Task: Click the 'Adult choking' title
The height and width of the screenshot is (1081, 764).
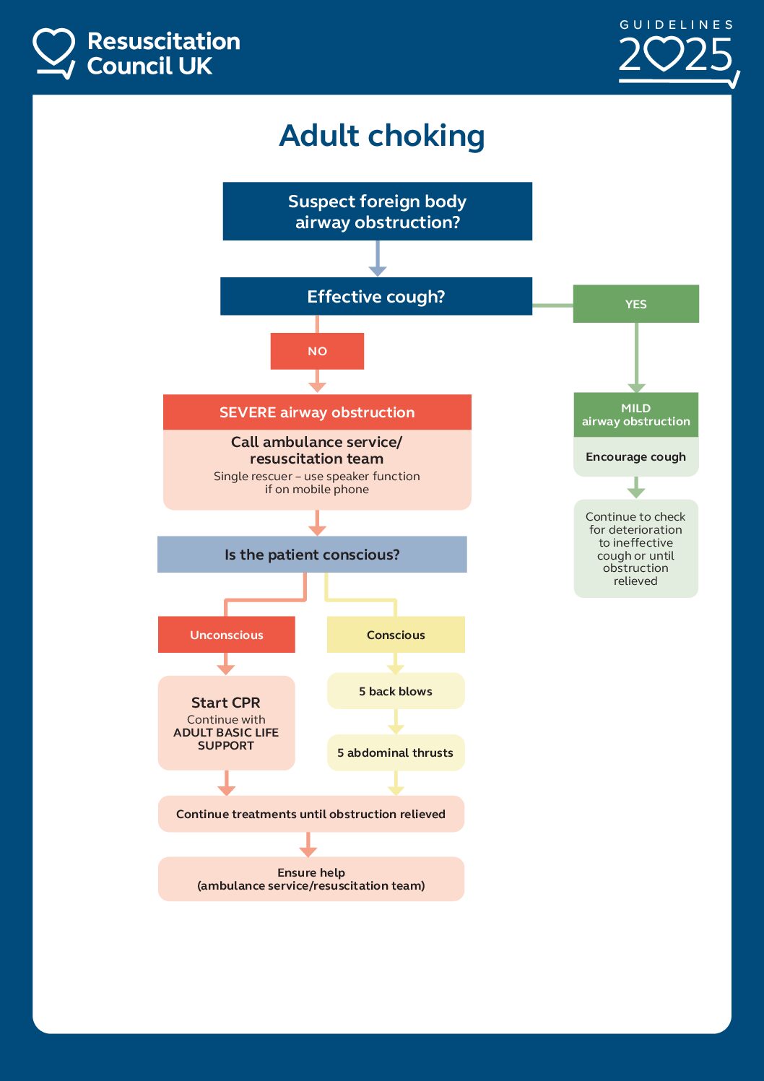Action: (381, 136)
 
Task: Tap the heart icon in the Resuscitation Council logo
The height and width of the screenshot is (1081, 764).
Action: (54, 49)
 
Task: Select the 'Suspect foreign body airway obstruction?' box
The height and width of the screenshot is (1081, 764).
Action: (377, 212)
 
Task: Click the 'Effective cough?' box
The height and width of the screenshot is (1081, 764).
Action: (376, 297)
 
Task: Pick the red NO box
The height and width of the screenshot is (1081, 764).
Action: (317, 351)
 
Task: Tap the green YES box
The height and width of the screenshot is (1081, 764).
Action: (635, 304)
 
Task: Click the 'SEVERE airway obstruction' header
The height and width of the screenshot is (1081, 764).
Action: (317, 412)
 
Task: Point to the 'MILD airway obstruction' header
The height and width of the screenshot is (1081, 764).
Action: (635, 414)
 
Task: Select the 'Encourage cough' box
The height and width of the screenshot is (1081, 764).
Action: (635, 457)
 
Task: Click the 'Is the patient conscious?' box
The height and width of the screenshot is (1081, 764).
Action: (312, 555)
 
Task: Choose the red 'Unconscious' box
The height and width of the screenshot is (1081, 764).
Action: (226, 635)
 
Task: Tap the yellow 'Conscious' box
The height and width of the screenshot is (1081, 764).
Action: (396, 635)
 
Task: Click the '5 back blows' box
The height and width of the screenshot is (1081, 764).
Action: (396, 691)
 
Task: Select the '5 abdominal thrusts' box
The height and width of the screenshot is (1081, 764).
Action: (396, 752)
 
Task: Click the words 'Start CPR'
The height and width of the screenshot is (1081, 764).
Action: (225, 703)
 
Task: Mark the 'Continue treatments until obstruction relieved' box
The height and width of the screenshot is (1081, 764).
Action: (311, 814)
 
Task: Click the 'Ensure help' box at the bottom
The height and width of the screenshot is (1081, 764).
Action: (311, 879)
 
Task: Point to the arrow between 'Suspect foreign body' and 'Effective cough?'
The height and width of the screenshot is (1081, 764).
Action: (377, 259)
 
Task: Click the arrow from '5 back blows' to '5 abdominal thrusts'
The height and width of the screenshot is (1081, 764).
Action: (396, 721)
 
